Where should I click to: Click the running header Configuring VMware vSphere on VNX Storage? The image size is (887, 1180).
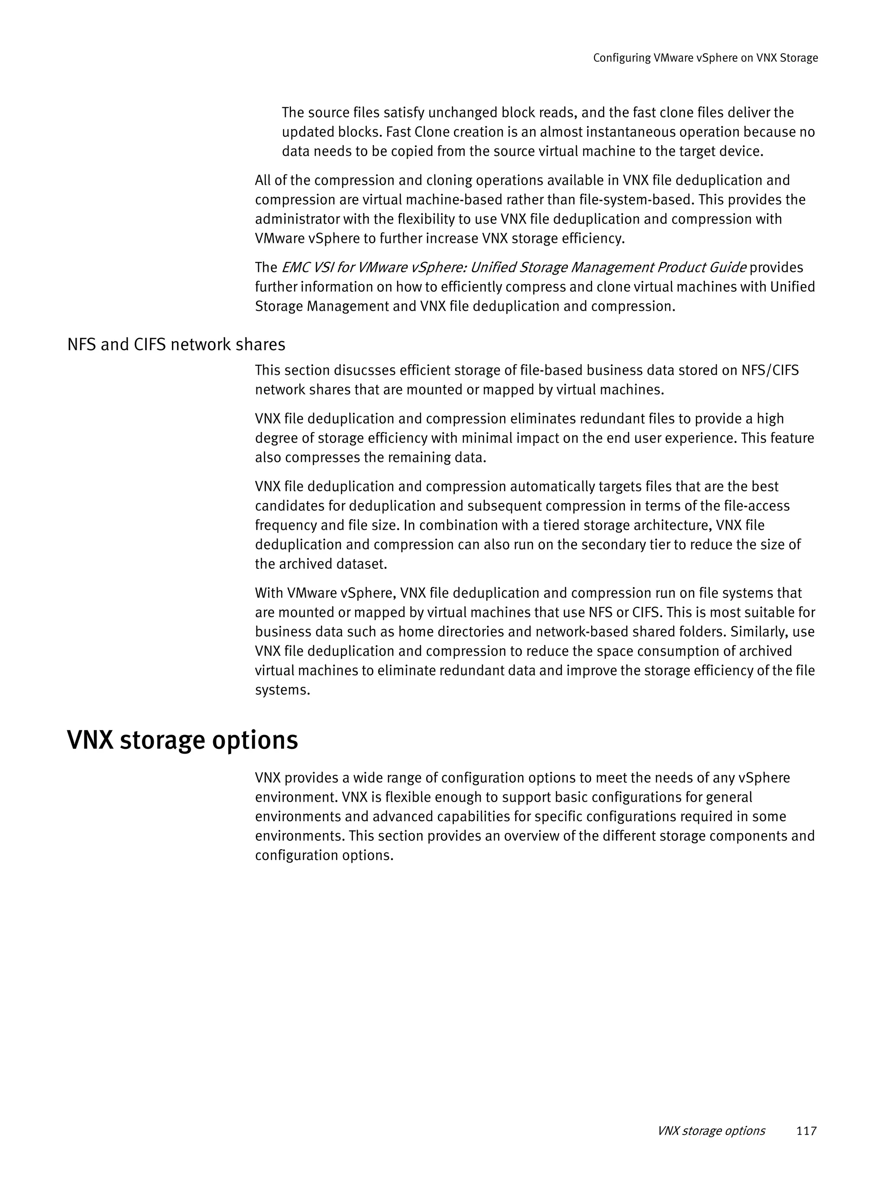coord(705,58)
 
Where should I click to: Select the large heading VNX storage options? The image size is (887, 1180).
coord(182,740)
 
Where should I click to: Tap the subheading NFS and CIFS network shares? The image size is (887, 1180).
coord(176,345)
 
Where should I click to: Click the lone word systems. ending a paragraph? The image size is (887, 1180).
coord(282,690)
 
